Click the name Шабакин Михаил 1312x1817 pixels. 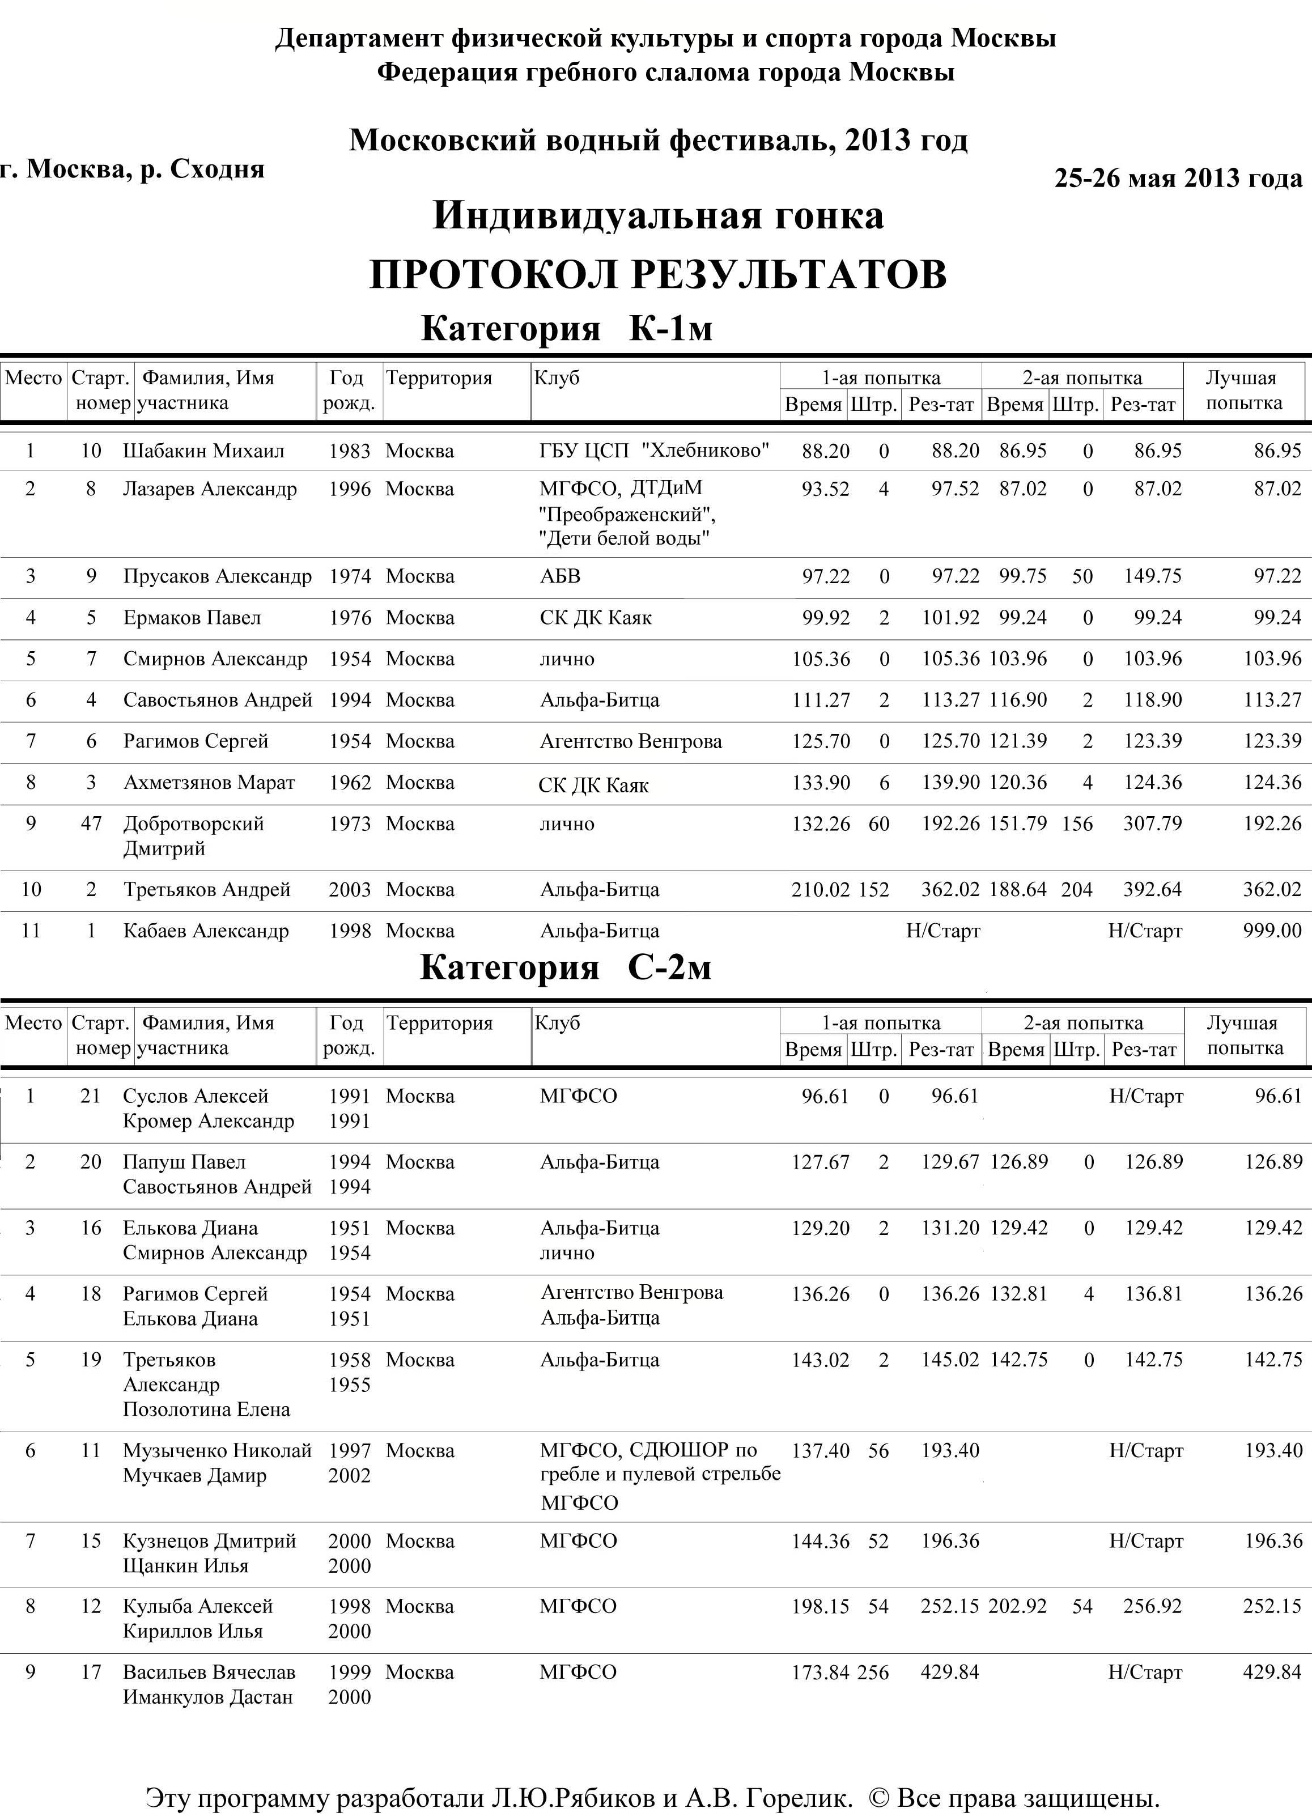click(203, 451)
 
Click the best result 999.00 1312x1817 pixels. click(1272, 931)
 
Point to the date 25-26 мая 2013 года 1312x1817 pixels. click(1178, 178)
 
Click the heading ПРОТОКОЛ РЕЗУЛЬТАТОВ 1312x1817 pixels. click(657, 275)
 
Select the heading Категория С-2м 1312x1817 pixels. click(566, 968)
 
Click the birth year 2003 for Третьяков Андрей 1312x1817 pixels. click(349, 889)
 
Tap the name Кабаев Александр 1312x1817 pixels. click(206, 931)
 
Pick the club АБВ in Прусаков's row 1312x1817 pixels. click(560, 576)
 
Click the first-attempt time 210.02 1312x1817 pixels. click(820, 889)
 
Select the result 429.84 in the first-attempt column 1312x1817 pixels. click(950, 1672)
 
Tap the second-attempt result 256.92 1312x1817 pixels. click(1153, 1606)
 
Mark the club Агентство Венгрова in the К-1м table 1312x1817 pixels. click(630, 741)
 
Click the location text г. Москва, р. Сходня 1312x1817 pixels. click(133, 169)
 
